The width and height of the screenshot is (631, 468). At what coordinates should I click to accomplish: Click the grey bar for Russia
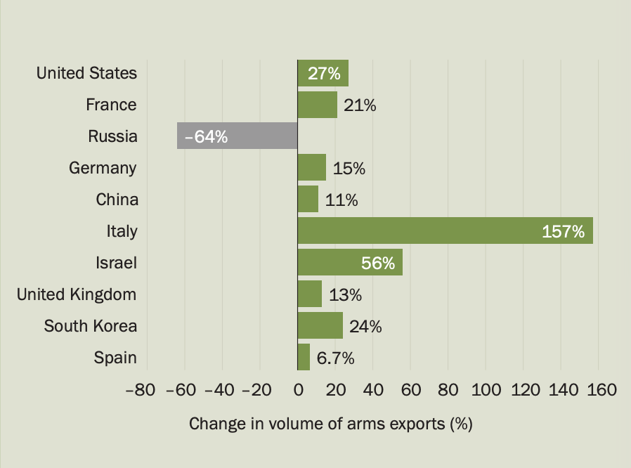click(x=238, y=136)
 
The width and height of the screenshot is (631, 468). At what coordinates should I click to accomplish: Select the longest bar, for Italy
click(x=445, y=230)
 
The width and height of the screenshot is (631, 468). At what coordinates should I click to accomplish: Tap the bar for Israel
click(x=350, y=262)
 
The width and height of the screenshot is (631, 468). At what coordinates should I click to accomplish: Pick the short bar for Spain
click(x=304, y=357)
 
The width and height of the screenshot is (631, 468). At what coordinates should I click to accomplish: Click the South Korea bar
click(x=320, y=325)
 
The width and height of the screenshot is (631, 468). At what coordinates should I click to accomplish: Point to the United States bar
click(x=323, y=73)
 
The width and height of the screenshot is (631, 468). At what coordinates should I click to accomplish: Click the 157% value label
click(x=564, y=231)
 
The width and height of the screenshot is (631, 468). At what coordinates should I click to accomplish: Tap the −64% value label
click(x=206, y=136)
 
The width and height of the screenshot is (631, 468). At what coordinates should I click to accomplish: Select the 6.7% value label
click(x=335, y=358)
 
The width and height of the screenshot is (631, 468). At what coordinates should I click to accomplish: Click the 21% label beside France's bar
click(x=360, y=105)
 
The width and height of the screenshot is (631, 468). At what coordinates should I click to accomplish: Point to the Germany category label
click(x=103, y=168)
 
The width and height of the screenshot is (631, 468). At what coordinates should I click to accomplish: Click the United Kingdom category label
click(x=77, y=294)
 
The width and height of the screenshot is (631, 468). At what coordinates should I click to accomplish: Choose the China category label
click(x=117, y=200)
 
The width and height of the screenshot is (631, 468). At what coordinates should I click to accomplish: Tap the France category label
click(x=111, y=105)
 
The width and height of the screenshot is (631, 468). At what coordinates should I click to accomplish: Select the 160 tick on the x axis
click(x=600, y=389)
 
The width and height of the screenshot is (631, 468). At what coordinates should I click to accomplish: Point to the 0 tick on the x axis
click(x=298, y=389)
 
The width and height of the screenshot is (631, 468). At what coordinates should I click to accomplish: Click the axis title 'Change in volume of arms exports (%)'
click(x=330, y=424)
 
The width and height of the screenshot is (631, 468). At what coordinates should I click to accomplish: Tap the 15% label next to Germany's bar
click(x=349, y=169)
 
